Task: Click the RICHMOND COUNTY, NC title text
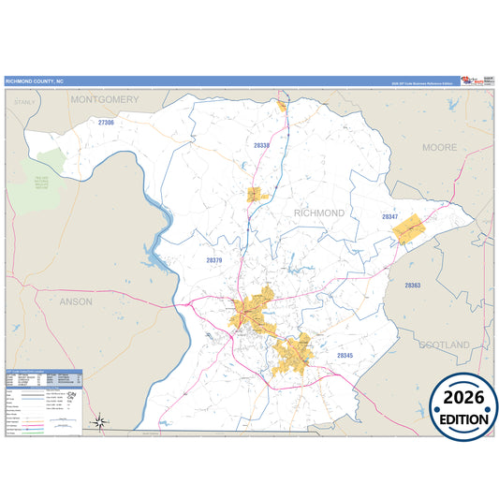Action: tap(33, 81)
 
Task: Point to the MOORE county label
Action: tap(439, 148)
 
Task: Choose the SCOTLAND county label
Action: tap(444, 345)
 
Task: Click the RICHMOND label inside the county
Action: tap(319, 213)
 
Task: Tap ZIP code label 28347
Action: tap(390, 217)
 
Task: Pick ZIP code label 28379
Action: tap(214, 260)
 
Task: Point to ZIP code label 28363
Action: tap(413, 285)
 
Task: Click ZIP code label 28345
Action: tap(345, 356)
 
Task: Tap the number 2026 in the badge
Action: tap(463, 397)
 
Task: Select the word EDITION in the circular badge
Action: tap(463, 418)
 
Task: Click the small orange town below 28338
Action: tap(254, 195)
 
